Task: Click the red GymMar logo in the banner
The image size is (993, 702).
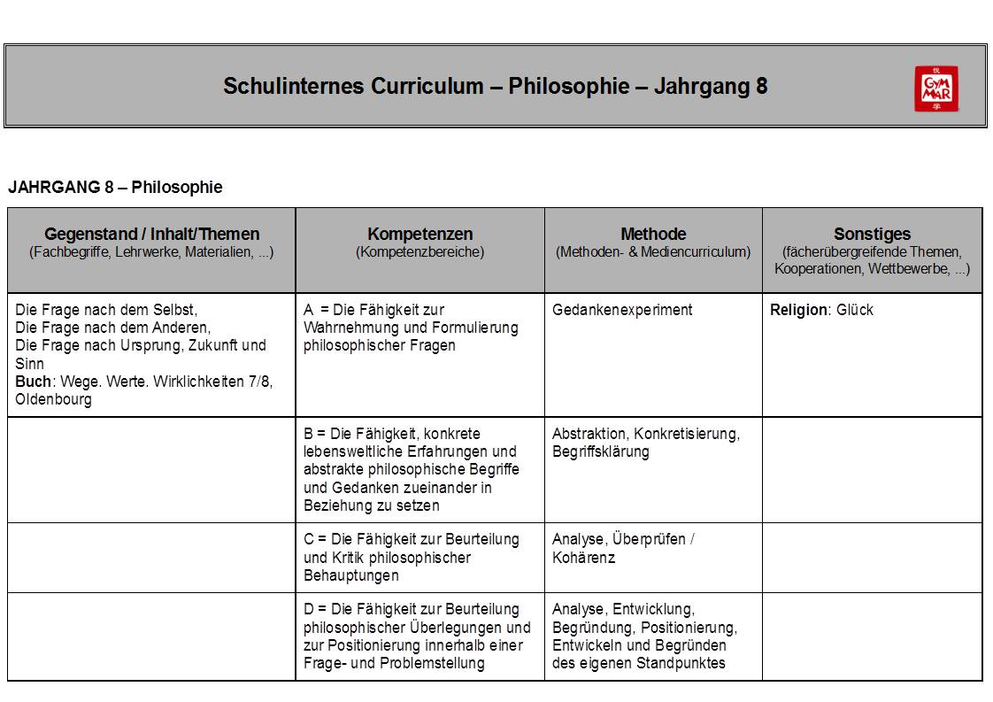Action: [936, 89]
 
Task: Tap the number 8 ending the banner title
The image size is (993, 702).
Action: [762, 87]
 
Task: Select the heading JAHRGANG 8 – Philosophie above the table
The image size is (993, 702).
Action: [115, 188]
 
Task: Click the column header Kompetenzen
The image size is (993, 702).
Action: [420, 235]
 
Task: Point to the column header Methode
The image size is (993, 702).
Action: [653, 235]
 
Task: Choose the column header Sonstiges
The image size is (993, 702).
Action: [872, 235]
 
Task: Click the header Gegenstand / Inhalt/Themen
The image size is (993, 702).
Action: [152, 235]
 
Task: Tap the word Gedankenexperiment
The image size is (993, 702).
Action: [622, 310]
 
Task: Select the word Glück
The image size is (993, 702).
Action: [854, 310]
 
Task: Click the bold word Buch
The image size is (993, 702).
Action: [33, 382]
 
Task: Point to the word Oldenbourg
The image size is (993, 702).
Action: [53, 399]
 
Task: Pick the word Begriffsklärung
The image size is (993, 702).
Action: [600, 451]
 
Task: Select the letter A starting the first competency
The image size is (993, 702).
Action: [309, 310]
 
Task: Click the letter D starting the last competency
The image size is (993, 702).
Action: [309, 609]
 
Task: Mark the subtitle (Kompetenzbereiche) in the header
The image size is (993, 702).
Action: [420, 252]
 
